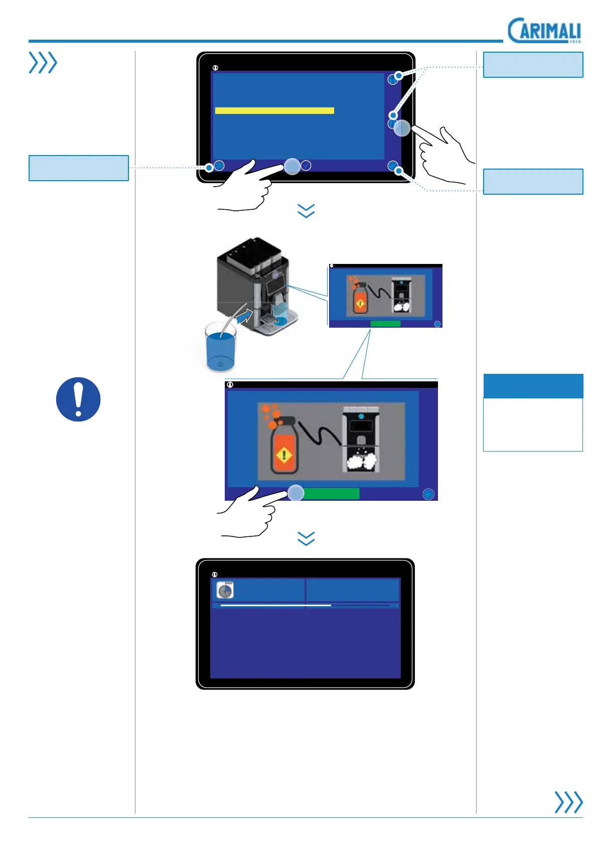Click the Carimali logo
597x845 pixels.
544,31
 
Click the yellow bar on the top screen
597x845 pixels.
274,110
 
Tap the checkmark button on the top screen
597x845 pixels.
306,165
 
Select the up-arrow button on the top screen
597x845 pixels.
392,79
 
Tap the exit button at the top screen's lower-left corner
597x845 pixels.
219,165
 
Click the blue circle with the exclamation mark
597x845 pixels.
78,399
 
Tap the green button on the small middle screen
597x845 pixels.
385,324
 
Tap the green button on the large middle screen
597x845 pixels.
331,493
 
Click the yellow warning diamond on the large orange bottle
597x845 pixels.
284,456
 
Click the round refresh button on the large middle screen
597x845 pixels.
428,494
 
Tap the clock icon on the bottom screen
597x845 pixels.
225,591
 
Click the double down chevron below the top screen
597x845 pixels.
306,211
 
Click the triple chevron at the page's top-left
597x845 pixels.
43,63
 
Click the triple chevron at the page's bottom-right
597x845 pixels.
568,801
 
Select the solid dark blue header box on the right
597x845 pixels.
533,386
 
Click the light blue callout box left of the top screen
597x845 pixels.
79,168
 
